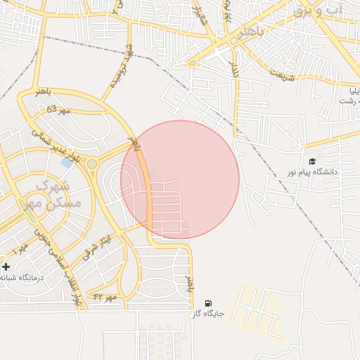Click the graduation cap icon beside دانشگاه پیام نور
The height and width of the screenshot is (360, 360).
pos(312,161)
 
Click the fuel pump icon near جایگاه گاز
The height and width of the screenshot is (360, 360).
pos(207,303)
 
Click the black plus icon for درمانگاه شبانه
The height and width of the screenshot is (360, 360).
pos(6,267)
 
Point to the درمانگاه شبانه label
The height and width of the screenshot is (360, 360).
pos(21,278)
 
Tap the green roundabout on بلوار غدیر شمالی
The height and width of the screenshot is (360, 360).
pos(91,164)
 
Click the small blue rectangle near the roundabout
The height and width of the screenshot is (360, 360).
pos(67,162)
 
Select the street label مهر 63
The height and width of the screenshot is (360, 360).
pos(59,110)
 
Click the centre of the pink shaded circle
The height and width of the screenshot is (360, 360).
pos(180,179)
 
